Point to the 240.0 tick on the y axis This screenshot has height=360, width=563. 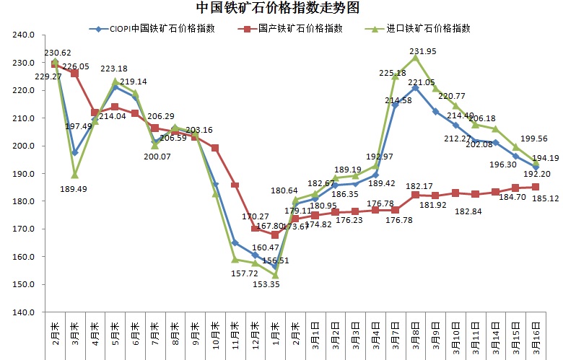pyautogui.click(x=24, y=35)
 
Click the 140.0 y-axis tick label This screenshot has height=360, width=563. pyautogui.click(x=24, y=312)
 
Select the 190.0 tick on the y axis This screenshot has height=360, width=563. pyautogui.click(x=24, y=174)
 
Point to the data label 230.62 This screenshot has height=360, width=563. pyautogui.click(x=57, y=53)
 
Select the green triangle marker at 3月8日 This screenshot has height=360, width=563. pyautogui.click(x=415, y=57)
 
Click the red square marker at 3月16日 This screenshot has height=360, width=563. pyautogui.click(x=535, y=187)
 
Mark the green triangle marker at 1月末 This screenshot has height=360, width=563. pyautogui.click(x=275, y=275)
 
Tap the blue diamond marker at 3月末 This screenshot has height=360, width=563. pyautogui.click(x=74, y=152)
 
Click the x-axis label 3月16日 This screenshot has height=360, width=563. pyautogui.click(x=535, y=335)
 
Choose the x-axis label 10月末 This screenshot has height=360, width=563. pyautogui.click(x=215, y=335)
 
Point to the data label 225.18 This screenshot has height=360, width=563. pyautogui.click(x=394, y=73)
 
